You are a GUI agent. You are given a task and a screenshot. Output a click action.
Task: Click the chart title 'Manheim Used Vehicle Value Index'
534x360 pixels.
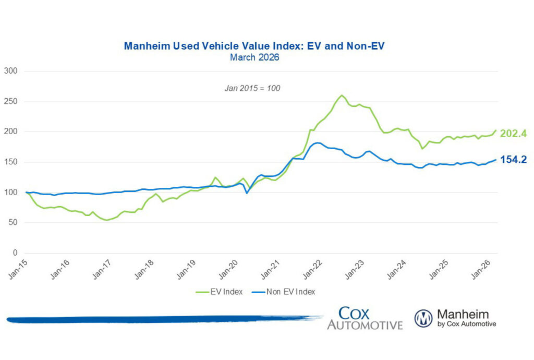point(254,46)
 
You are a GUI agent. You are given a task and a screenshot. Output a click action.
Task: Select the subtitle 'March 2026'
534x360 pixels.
point(254,57)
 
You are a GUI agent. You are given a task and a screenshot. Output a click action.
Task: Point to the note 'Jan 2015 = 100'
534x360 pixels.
point(252,88)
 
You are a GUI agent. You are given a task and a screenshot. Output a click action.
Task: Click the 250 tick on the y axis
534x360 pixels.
point(10,102)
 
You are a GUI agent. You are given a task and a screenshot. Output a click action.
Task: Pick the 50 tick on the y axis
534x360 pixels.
point(13,223)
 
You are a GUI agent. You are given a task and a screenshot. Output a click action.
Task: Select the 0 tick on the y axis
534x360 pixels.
point(15,253)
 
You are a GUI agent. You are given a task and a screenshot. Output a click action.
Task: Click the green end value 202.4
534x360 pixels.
point(513,133)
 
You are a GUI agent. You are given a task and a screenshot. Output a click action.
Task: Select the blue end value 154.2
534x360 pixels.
point(513,160)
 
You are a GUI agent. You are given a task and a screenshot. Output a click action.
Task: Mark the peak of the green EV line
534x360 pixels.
point(342,95)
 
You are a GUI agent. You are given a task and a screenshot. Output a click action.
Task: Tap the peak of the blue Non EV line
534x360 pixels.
point(317,142)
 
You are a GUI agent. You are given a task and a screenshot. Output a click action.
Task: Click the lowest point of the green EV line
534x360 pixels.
point(107,220)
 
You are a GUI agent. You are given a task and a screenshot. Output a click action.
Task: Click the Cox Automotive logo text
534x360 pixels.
point(365,318)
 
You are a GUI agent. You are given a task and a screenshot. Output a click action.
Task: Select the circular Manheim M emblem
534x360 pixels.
point(423,318)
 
